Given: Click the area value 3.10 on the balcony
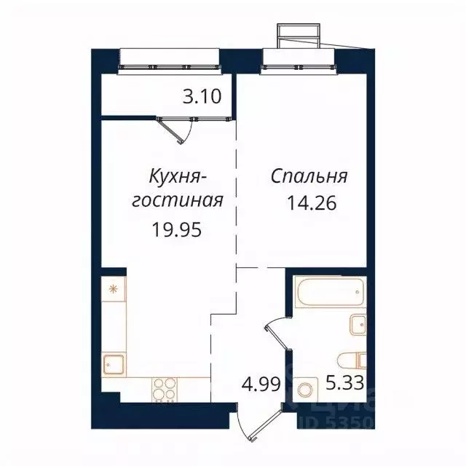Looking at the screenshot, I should [202, 97].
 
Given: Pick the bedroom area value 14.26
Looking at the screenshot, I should [315, 202].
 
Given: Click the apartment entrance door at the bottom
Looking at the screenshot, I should [258, 424].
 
